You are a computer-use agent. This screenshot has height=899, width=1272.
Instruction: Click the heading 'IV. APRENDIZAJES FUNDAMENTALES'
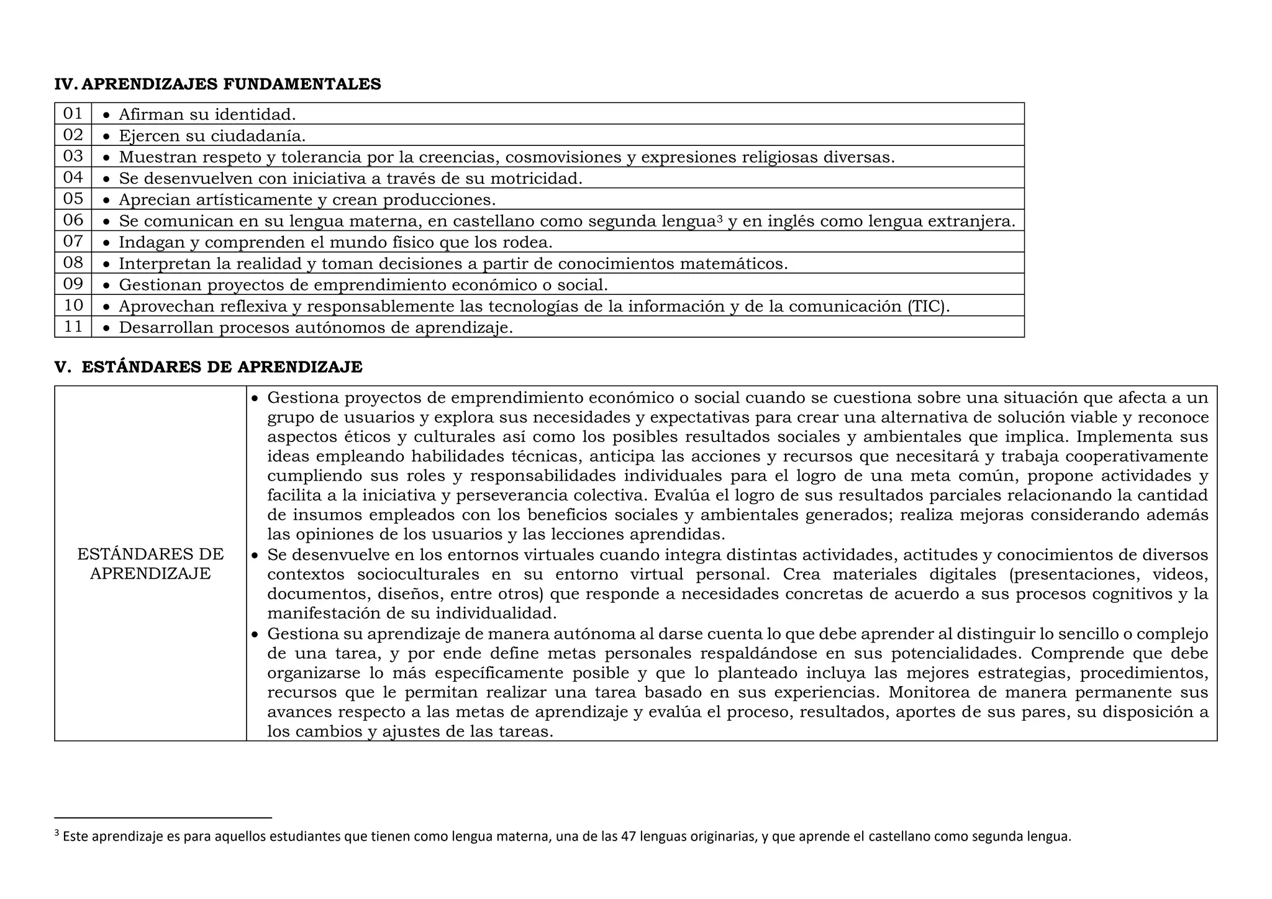coord(217,84)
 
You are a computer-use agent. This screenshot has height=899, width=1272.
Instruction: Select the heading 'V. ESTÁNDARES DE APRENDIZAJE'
coord(208,367)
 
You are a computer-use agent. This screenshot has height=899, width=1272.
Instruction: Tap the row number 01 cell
coord(73,114)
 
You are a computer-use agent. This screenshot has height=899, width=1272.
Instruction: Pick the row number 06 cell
coord(73,220)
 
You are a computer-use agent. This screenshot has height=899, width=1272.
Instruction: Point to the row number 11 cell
coord(73,327)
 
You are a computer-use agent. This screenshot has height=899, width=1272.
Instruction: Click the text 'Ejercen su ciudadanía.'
coord(212,135)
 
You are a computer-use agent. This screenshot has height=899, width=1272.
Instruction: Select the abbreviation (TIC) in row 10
coord(928,306)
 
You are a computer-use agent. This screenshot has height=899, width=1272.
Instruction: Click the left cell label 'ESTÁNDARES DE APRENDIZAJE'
coord(150,563)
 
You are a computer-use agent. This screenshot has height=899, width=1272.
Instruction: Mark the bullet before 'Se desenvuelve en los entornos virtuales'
coord(254,555)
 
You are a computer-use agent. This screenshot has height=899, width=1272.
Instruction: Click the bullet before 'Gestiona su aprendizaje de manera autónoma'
coord(254,635)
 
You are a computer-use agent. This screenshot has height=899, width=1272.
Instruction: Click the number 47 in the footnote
coord(628,836)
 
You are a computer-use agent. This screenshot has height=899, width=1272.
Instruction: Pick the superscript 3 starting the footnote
coord(57,833)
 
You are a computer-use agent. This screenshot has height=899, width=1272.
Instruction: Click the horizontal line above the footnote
coord(163,818)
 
